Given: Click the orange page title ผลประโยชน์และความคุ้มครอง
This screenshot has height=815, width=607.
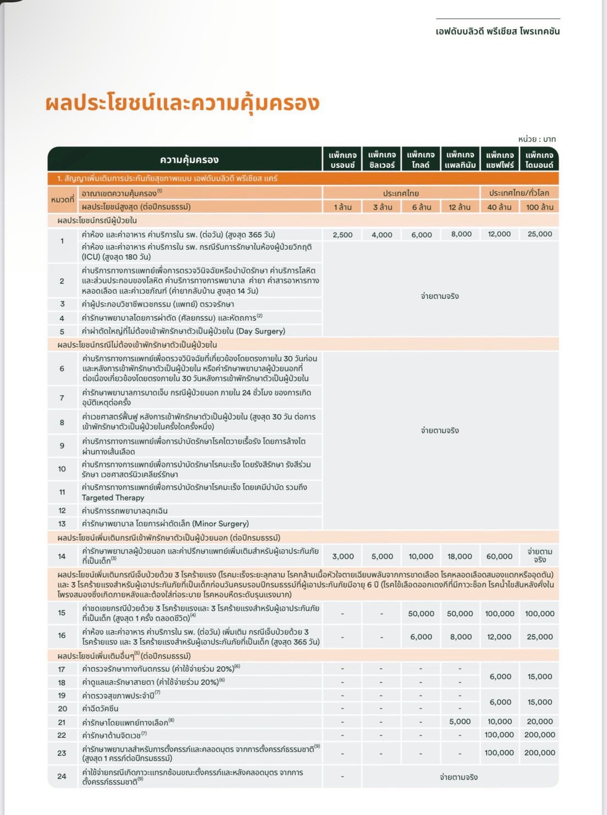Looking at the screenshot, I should click(x=183, y=103).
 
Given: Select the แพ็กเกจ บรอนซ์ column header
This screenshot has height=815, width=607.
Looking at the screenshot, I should click(x=343, y=160).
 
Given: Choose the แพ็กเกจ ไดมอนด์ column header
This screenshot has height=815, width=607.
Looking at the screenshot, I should click(x=539, y=160).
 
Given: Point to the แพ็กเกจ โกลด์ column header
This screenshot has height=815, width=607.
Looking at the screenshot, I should click(x=421, y=160).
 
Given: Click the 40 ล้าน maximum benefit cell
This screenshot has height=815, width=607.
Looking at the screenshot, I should click(x=499, y=207).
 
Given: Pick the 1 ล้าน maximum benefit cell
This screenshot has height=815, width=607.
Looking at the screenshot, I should click(x=343, y=207).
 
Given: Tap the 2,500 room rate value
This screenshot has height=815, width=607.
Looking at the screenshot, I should click(x=343, y=234).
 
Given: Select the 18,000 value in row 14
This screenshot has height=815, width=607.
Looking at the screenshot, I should click(x=460, y=556).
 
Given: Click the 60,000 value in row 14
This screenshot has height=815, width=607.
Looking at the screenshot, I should click(x=499, y=556).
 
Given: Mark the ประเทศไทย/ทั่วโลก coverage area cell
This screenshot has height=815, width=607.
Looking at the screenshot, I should click(x=519, y=193).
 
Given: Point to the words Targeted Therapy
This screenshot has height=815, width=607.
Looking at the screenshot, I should click(x=113, y=497).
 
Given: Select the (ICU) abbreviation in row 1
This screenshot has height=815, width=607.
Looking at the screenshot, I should click(x=91, y=257).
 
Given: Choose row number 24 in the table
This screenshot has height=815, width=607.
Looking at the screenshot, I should click(x=62, y=776).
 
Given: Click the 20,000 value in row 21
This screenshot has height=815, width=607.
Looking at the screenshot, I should click(x=539, y=721).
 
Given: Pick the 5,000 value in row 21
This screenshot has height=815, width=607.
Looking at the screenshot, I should click(x=460, y=721).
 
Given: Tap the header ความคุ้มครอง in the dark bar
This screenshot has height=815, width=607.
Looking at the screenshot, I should click(x=189, y=160).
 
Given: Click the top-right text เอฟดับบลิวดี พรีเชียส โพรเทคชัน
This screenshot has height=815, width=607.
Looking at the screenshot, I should click(x=498, y=31).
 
